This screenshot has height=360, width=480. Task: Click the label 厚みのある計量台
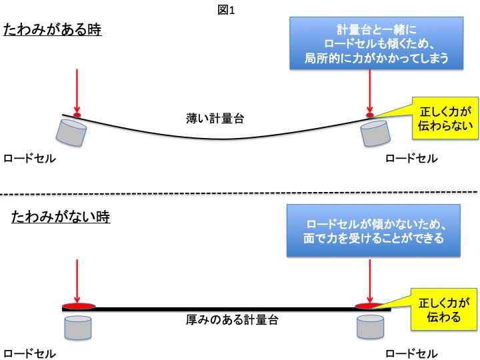tap(231, 320)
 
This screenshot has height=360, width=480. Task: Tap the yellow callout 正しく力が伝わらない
tap(441, 117)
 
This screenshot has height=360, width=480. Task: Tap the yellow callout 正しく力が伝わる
tap(441, 309)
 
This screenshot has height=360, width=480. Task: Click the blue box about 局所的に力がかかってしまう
tap(376, 43)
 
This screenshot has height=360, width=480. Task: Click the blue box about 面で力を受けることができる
tap(374, 231)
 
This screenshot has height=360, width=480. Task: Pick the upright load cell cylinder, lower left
tap(77, 326)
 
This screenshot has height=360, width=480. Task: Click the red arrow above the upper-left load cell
tap(77, 90)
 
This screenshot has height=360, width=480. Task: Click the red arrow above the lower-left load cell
tap(77, 280)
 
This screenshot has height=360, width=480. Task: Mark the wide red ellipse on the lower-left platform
tap(79, 307)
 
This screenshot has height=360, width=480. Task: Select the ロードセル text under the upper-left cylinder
tap(29, 159)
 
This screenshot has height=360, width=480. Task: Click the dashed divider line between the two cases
tap(240, 195)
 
